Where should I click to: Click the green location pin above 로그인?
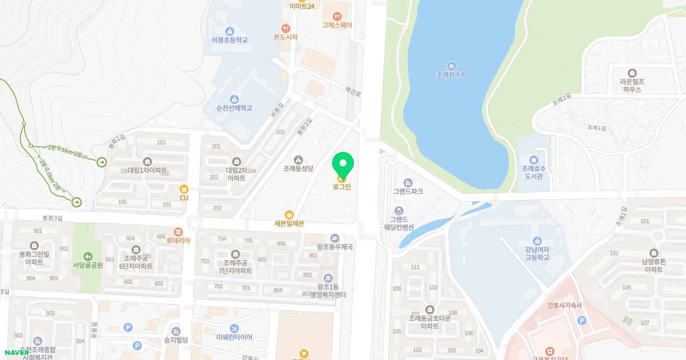343,165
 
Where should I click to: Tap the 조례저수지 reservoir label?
451,75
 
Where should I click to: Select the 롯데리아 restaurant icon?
178,232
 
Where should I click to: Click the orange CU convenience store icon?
184,189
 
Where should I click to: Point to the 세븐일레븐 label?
289,223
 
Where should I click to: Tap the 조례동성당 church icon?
298,159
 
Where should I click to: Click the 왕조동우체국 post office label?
335,247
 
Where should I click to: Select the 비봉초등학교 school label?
229,40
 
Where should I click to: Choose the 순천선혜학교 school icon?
234,99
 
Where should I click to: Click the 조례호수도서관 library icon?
533,159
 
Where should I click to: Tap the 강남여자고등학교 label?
537,254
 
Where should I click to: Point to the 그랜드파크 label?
408,191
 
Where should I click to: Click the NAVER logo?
17,353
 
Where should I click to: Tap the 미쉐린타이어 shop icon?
234,329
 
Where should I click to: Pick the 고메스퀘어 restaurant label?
337,25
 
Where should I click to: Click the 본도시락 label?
286,37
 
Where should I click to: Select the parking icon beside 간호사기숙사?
582,321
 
